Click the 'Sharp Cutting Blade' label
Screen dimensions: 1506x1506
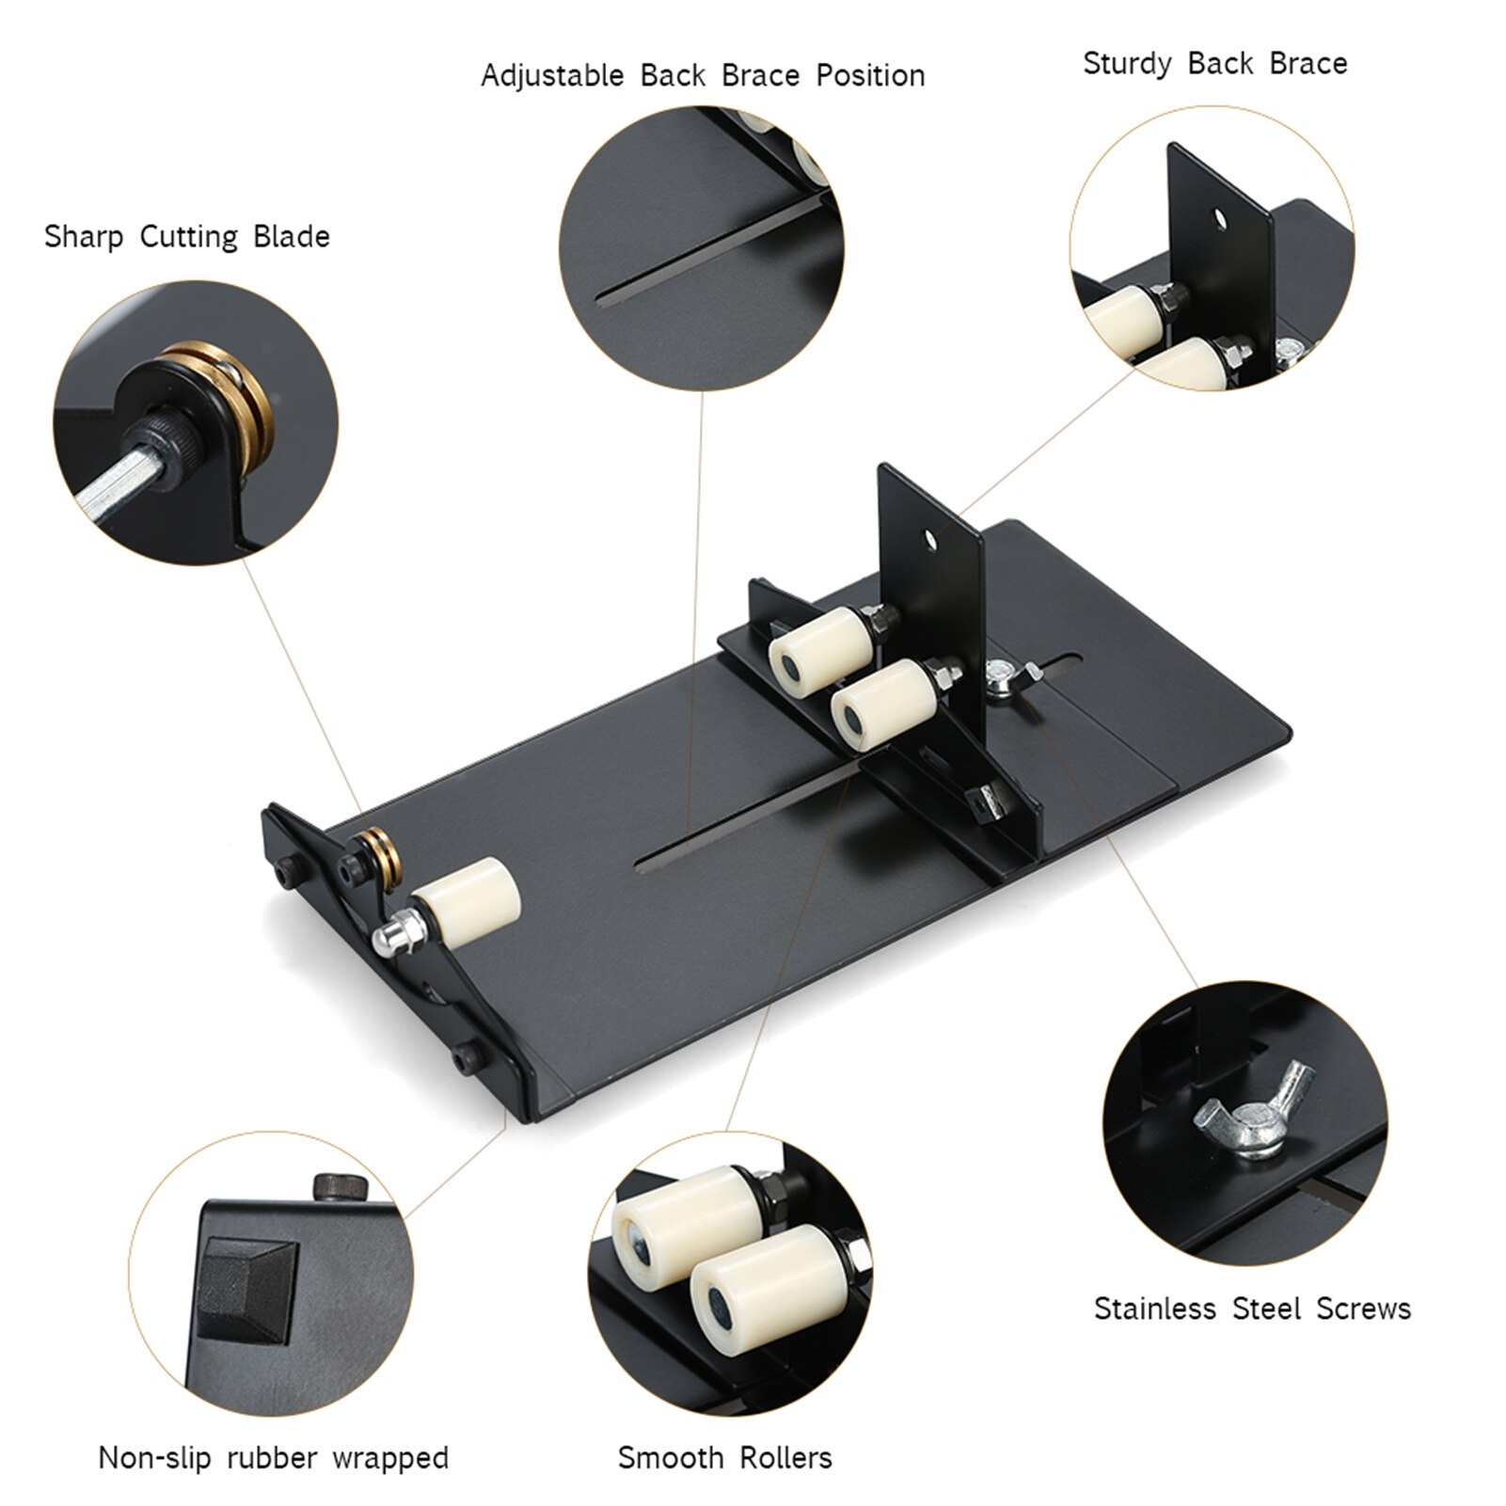[186, 237]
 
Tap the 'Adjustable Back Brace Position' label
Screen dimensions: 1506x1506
[703, 76]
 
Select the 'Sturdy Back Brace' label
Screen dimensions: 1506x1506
[1214, 64]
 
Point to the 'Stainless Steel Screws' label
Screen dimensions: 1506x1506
[1252, 1308]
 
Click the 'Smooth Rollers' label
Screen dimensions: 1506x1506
[724, 1458]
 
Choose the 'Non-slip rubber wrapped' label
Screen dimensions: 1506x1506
[273, 1458]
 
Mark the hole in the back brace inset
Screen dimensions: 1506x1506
[1220, 218]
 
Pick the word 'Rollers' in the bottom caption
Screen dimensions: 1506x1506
[785, 1458]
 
